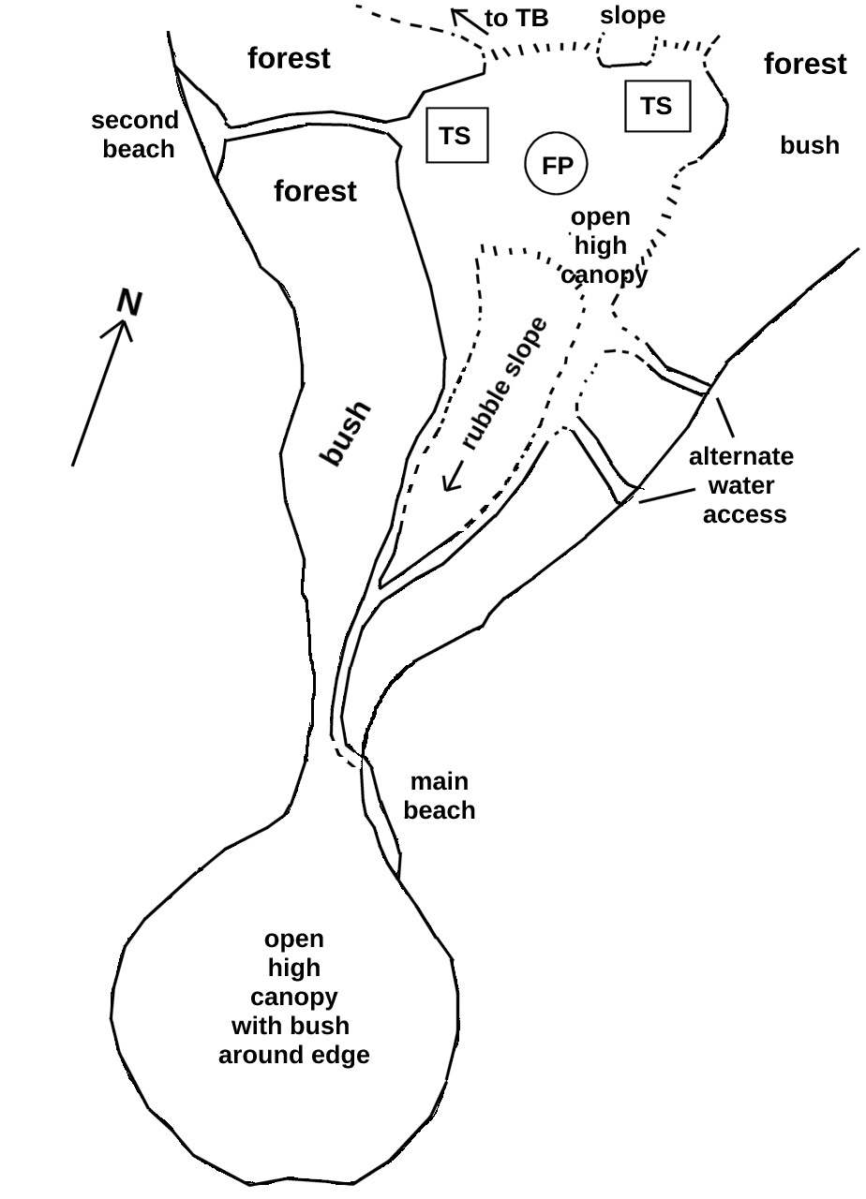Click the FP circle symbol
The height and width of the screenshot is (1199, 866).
point(557,166)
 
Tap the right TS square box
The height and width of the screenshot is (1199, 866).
point(657,106)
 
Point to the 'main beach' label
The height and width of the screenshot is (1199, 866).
point(440,796)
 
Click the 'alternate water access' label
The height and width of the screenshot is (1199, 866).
point(741,485)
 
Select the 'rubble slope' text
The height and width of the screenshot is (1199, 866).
point(504,385)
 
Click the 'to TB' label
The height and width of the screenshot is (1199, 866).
point(516,19)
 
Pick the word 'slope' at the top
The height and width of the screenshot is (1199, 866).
point(633,16)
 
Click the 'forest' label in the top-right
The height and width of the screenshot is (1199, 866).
point(805,64)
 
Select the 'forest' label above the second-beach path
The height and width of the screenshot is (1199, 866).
point(289,58)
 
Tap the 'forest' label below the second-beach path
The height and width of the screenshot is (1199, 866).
point(315,192)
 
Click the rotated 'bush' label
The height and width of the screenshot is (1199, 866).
point(346,434)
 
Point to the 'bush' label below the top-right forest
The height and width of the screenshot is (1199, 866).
point(810,145)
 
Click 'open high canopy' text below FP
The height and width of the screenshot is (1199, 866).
point(602,245)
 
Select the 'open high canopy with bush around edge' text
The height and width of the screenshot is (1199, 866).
point(293,997)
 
